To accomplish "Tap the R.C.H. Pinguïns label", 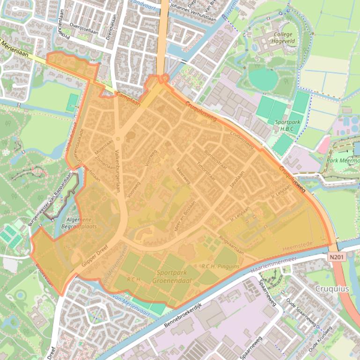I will coord(220,266).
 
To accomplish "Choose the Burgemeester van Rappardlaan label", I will coord(50,199).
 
